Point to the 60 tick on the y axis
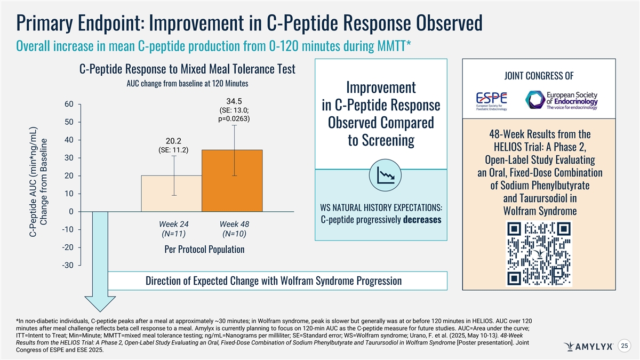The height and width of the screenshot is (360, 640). tap(69, 104)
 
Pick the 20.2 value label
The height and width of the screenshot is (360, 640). tap(174, 141)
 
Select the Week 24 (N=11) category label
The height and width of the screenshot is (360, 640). tap(174, 229)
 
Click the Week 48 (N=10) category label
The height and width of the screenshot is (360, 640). tap(235, 229)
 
